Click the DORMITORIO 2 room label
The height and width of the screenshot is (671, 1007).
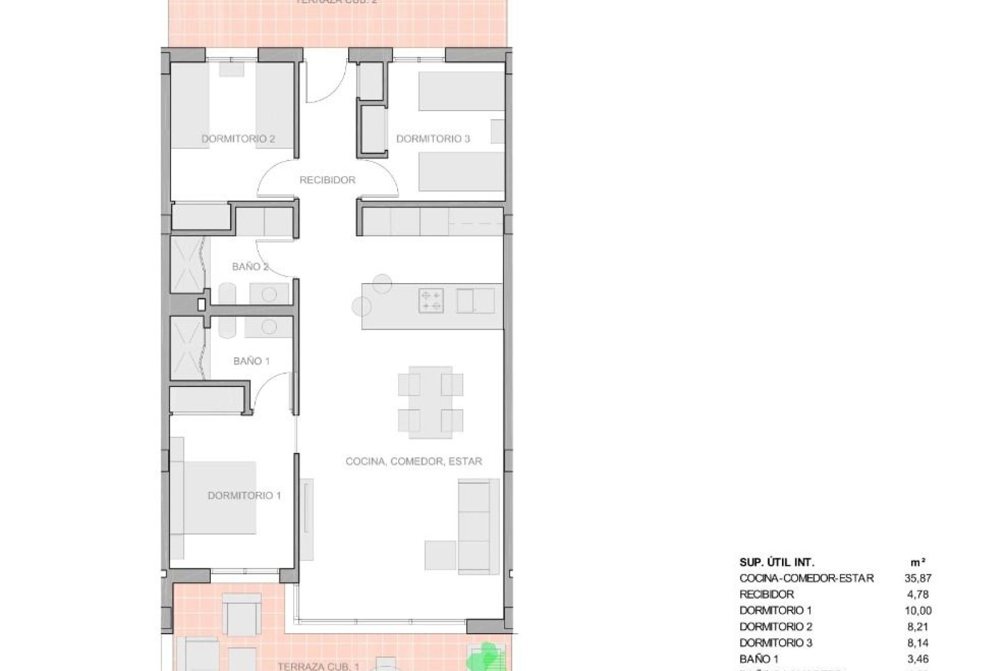pyautogui.click(x=239, y=139)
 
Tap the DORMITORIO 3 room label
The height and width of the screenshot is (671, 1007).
pyautogui.click(x=433, y=139)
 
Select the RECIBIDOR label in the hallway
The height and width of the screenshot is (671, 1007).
pyautogui.click(x=327, y=180)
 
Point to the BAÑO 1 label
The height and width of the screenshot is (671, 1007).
pyautogui.click(x=251, y=361)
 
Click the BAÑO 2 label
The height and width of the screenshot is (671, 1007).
pyautogui.click(x=250, y=267)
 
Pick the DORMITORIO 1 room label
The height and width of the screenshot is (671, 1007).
pyautogui.click(x=244, y=495)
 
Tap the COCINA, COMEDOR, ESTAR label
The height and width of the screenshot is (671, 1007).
pyautogui.click(x=414, y=461)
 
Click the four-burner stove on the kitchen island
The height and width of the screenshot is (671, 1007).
pyautogui.click(x=431, y=301)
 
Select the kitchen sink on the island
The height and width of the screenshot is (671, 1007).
pyautogui.click(x=475, y=301)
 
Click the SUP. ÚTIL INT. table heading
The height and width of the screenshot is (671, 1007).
pyautogui.click(x=777, y=562)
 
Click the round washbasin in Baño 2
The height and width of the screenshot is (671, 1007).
pyautogui.click(x=269, y=295)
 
